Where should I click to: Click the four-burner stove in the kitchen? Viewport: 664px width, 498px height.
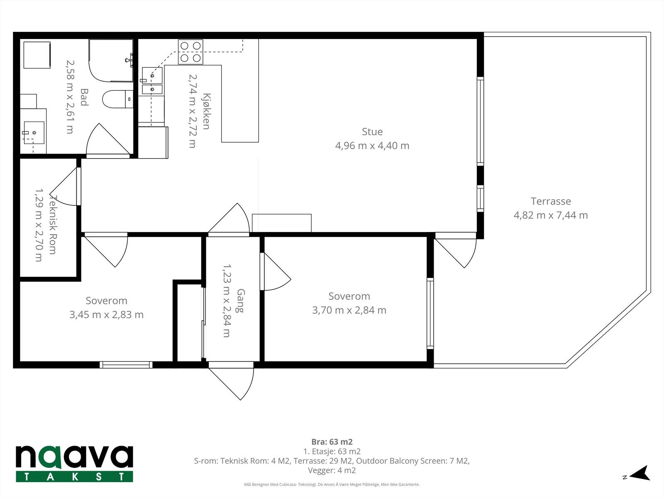point(190,52)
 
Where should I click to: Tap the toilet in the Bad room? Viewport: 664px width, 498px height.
point(117,99)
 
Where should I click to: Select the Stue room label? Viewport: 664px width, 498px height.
point(372,132)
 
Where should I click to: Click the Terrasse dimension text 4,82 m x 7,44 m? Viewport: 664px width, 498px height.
point(551,215)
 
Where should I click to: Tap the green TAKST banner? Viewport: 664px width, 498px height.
point(74,477)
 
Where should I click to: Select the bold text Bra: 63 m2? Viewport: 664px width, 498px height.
point(332,442)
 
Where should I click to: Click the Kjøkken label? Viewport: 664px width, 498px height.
point(206,111)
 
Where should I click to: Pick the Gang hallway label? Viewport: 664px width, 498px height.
point(240,301)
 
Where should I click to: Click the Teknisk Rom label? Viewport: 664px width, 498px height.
point(53,225)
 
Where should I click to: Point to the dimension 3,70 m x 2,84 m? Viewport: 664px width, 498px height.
point(349,310)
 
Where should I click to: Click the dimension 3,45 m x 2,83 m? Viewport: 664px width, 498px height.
point(106,315)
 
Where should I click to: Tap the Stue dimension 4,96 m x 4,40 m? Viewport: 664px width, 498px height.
point(372,146)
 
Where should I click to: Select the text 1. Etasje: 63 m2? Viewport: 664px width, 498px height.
point(332,452)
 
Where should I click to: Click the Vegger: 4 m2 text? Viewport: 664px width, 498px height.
point(332,471)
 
